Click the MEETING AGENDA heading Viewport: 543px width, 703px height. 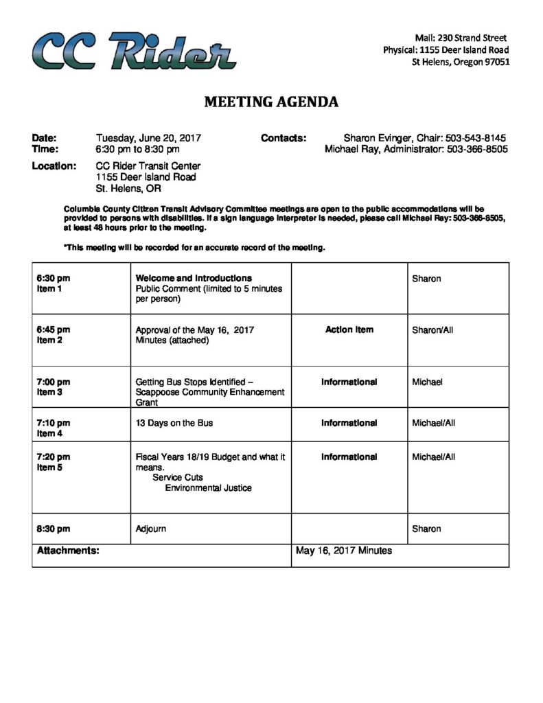(x=271, y=102)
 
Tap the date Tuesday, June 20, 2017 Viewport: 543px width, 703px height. (x=148, y=138)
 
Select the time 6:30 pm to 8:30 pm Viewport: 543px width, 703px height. (x=138, y=149)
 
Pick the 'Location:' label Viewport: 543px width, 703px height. (x=54, y=166)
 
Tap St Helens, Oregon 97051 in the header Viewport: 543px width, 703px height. (x=460, y=62)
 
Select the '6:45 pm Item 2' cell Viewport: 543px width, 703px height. (x=54, y=335)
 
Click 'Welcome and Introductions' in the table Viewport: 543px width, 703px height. (x=194, y=278)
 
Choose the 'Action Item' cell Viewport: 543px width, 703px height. (x=349, y=330)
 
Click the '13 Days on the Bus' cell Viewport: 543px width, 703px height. (x=174, y=423)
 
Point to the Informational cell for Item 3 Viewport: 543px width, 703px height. (x=349, y=382)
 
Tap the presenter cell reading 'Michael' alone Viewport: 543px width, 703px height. (x=427, y=382)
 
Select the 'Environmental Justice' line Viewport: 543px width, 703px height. (x=208, y=488)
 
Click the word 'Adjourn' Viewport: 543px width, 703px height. (x=151, y=529)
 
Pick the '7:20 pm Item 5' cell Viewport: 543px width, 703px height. (x=54, y=462)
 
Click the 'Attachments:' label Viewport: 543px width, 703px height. (x=68, y=550)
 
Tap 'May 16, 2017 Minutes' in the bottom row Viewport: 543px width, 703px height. (x=344, y=551)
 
